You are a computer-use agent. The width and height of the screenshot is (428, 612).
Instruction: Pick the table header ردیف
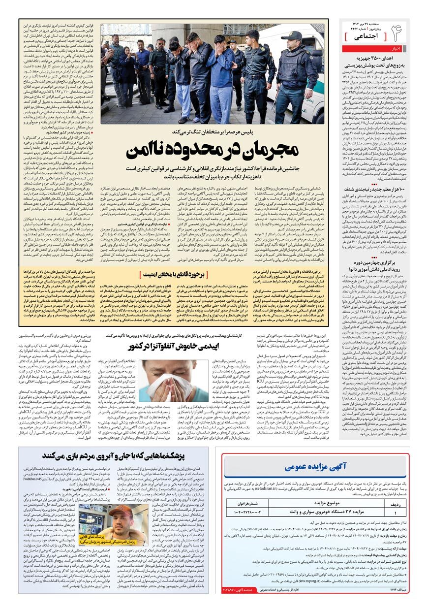tap(394, 504)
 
